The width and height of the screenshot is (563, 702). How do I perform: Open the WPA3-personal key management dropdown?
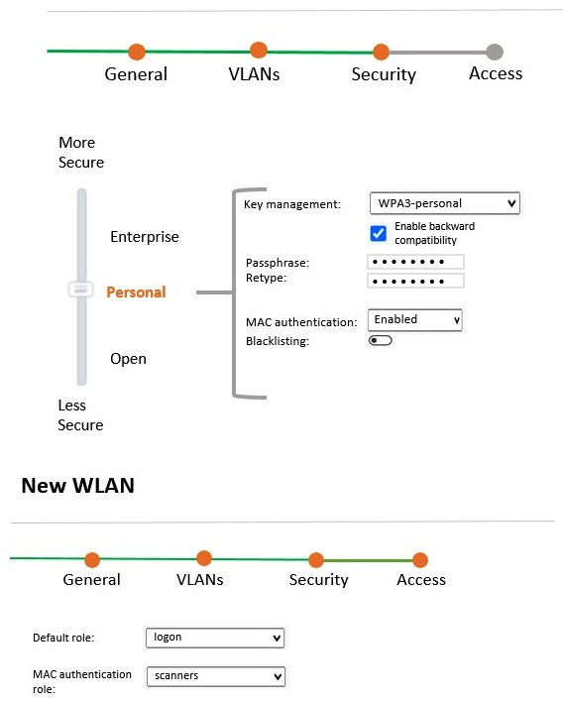pyautogui.click(x=444, y=203)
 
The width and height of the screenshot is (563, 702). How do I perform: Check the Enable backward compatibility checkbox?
pyautogui.click(x=378, y=233)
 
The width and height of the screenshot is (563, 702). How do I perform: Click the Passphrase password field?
pyautogui.click(x=415, y=263)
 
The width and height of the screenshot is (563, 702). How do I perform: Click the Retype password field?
pyautogui.click(x=415, y=281)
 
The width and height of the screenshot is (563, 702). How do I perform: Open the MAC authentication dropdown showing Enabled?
pyautogui.click(x=414, y=320)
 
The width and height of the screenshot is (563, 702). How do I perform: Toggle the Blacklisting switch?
pyautogui.click(x=380, y=341)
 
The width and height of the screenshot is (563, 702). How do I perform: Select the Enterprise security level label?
pyautogui.click(x=145, y=237)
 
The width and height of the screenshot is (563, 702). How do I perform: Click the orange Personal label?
pyautogui.click(x=136, y=292)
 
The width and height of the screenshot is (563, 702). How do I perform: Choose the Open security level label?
pyautogui.click(x=128, y=359)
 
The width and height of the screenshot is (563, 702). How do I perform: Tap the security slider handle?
pyautogui.click(x=80, y=290)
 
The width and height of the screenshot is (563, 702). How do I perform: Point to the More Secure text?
pyautogui.click(x=80, y=153)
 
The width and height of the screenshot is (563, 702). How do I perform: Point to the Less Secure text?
pyautogui.click(x=80, y=415)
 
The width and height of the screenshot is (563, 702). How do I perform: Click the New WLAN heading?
pyautogui.click(x=77, y=486)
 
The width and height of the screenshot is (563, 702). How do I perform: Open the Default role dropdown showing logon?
pyautogui.click(x=215, y=638)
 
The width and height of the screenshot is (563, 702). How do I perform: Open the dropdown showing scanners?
pyautogui.click(x=215, y=676)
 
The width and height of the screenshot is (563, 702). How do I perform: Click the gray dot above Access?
pyautogui.click(x=495, y=52)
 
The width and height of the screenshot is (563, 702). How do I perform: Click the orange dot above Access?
pyautogui.click(x=420, y=560)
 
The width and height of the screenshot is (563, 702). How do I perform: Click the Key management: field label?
pyautogui.click(x=292, y=204)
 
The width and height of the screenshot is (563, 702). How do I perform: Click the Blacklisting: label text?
pyautogui.click(x=278, y=341)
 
